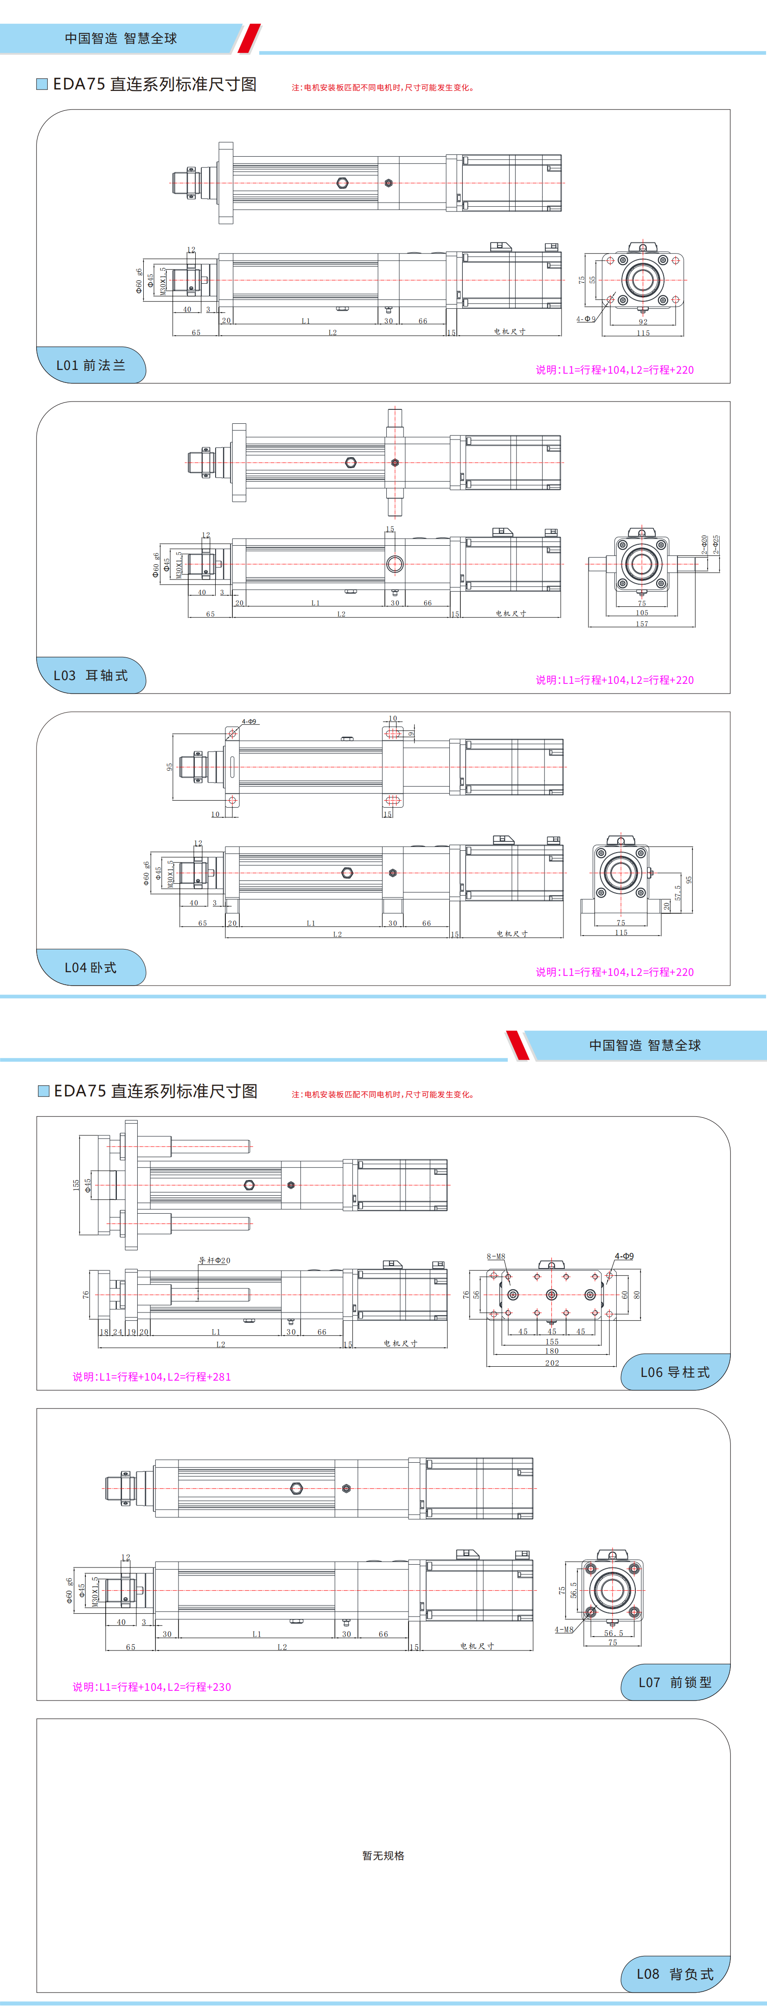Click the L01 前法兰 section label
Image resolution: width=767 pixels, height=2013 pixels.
click(x=91, y=365)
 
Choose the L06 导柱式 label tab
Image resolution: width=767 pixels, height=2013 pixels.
click(x=675, y=1372)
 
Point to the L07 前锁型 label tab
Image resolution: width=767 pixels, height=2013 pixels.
click(x=675, y=1682)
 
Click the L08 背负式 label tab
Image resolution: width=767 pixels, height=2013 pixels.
click(x=675, y=1974)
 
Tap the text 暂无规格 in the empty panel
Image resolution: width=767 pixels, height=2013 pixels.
click(x=383, y=1856)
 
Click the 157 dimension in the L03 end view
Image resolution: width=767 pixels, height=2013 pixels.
click(x=642, y=624)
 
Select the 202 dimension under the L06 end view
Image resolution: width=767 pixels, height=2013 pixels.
click(x=552, y=1363)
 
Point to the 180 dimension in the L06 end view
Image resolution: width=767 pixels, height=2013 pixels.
click(x=552, y=1351)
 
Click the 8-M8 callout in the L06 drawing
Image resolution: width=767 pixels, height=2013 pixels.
click(x=496, y=1256)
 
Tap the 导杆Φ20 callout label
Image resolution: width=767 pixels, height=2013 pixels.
click(x=214, y=1261)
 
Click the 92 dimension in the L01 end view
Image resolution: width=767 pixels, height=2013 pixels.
click(x=643, y=322)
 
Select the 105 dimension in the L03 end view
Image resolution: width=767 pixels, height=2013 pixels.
click(x=642, y=612)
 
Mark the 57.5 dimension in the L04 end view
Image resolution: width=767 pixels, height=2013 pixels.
click(x=677, y=892)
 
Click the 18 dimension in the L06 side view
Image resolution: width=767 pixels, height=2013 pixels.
click(x=104, y=1332)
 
